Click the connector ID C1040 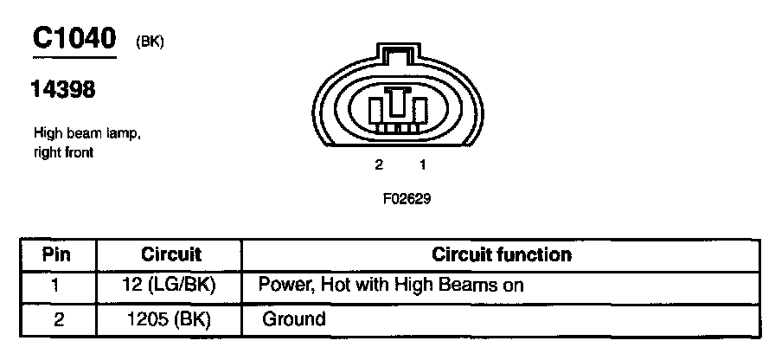[74, 38]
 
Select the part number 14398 [63, 90]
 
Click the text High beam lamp [86, 134]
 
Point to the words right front [63, 152]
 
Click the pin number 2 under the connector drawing [379, 164]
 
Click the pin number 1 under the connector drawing [422, 164]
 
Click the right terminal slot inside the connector [420, 111]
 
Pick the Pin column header [57, 254]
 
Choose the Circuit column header [170, 254]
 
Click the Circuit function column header [502, 254]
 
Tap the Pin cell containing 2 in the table [58, 319]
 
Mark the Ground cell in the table [294, 319]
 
